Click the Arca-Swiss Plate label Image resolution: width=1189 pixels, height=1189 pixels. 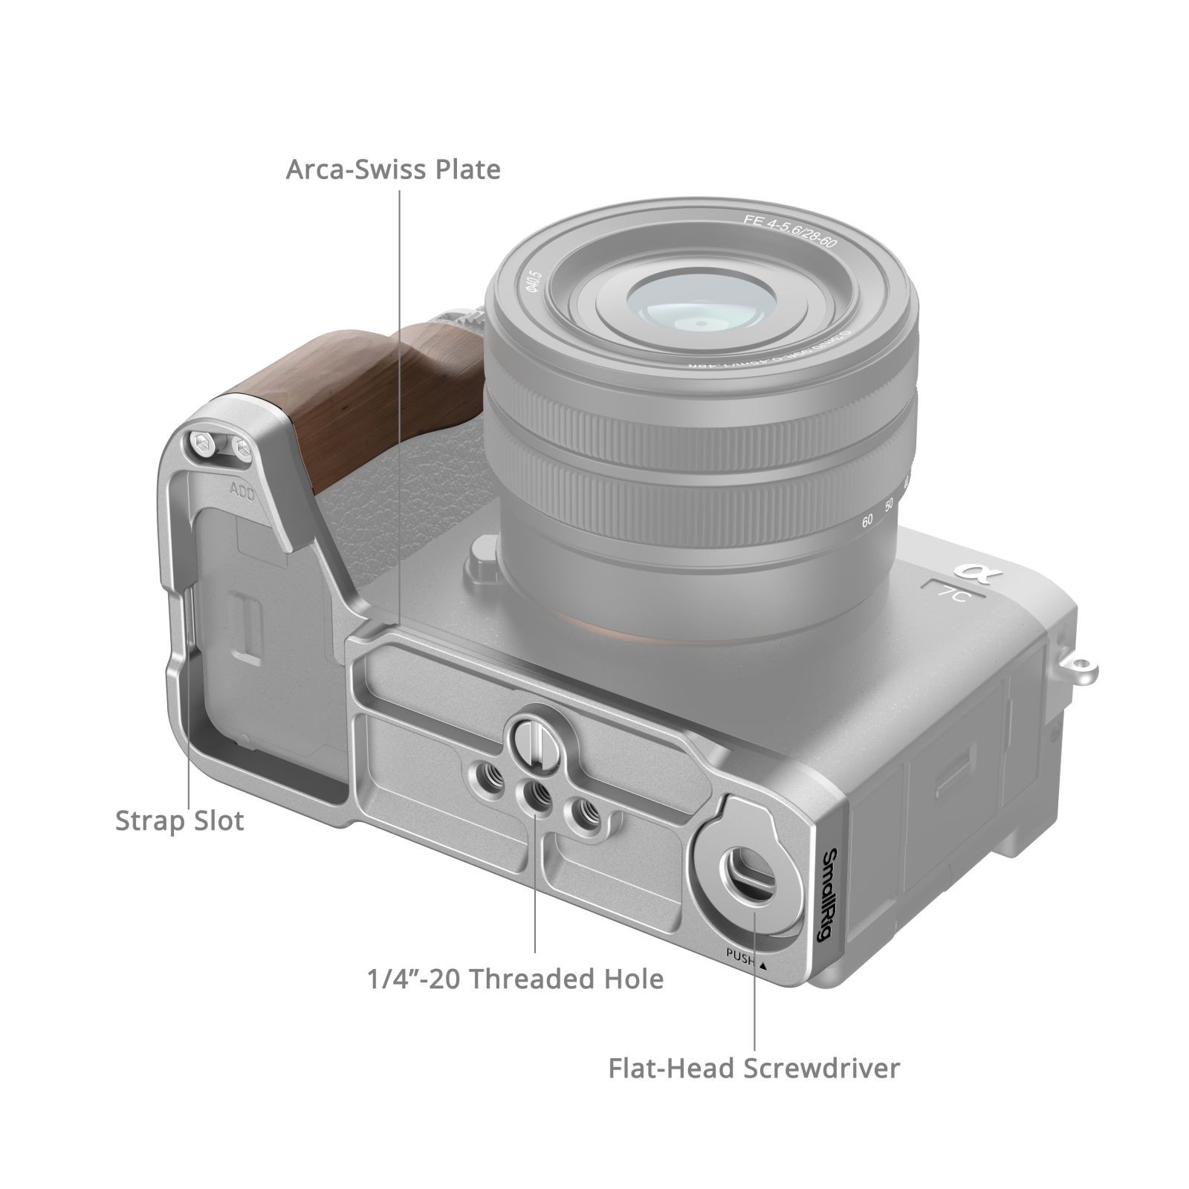point(393,170)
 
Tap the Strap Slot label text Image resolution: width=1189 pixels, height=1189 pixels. point(179,821)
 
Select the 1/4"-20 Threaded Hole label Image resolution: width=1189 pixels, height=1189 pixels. point(515,979)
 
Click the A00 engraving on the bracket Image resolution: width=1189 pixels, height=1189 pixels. point(242,491)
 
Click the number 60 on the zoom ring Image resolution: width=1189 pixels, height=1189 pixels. point(866,521)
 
